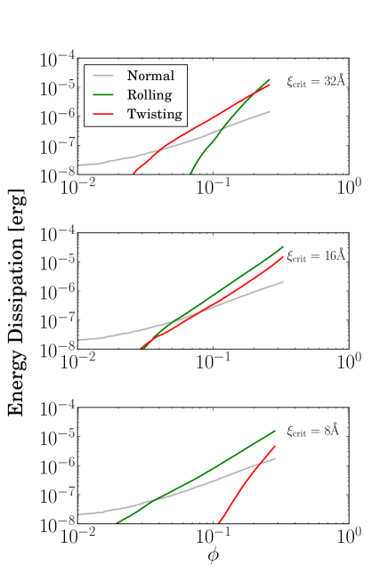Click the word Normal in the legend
click(x=150, y=77)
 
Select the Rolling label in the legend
click(x=150, y=95)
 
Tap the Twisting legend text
click(x=154, y=114)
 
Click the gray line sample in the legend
click(x=103, y=77)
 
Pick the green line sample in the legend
click(x=103, y=95)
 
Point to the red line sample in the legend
click(x=103, y=114)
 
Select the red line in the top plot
click(x=214, y=116)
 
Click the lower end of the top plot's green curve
click(x=190, y=173)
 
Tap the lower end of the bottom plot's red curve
click(x=219, y=522)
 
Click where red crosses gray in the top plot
click(x=163, y=147)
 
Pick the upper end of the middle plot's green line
click(x=283, y=247)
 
